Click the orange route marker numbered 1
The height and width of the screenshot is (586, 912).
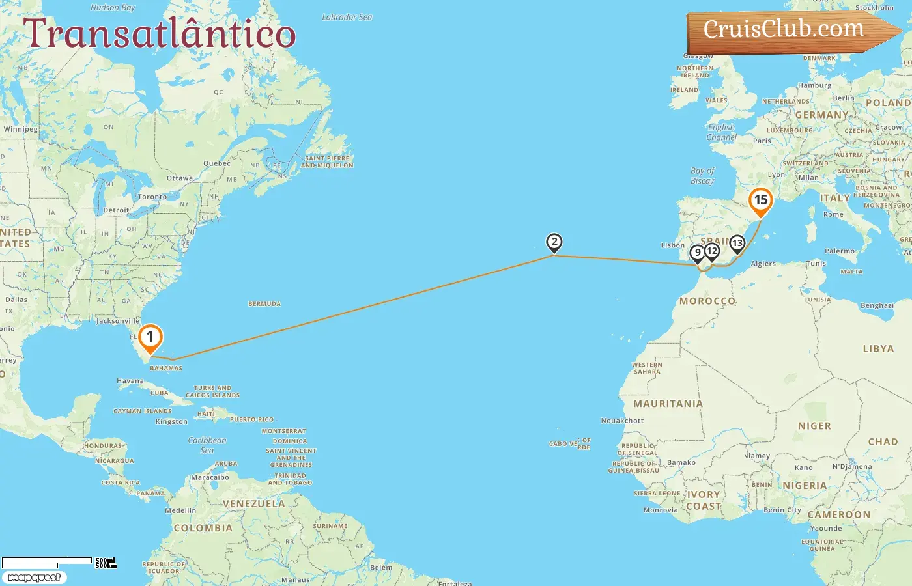click(x=150, y=337)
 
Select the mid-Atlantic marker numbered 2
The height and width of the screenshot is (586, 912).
click(x=554, y=243)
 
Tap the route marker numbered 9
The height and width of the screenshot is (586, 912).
click(x=697, y=253)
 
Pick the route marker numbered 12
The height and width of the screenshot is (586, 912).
click(x=712, y=251)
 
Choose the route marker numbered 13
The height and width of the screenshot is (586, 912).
click(x=737, y=244)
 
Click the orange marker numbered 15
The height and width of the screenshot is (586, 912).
click(x=760, y=201)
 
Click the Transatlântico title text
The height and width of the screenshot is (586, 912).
click(x=160, y=34)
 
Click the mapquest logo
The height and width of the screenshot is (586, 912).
click(x=34, y=578)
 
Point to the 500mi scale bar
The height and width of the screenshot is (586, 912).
click(x=47, y=560)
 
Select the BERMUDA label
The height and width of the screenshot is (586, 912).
click(x=264, y=304)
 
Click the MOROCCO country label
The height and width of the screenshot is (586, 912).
click(x=707, y=301)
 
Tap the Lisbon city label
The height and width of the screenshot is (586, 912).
click(x=672, y=245)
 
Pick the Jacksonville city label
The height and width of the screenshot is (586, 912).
click(x=118, y=321)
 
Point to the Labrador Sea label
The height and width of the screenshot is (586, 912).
click(x=347, y=17)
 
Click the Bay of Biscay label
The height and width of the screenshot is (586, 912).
click(x=702, y=176)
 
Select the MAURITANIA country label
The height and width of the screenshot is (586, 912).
click(x=668, y=404)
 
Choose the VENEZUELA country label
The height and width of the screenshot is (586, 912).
click(x=253, y=504)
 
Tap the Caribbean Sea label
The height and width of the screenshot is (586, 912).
click(x=207, y=445)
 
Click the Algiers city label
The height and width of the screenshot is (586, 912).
click(x=763, y=264)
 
